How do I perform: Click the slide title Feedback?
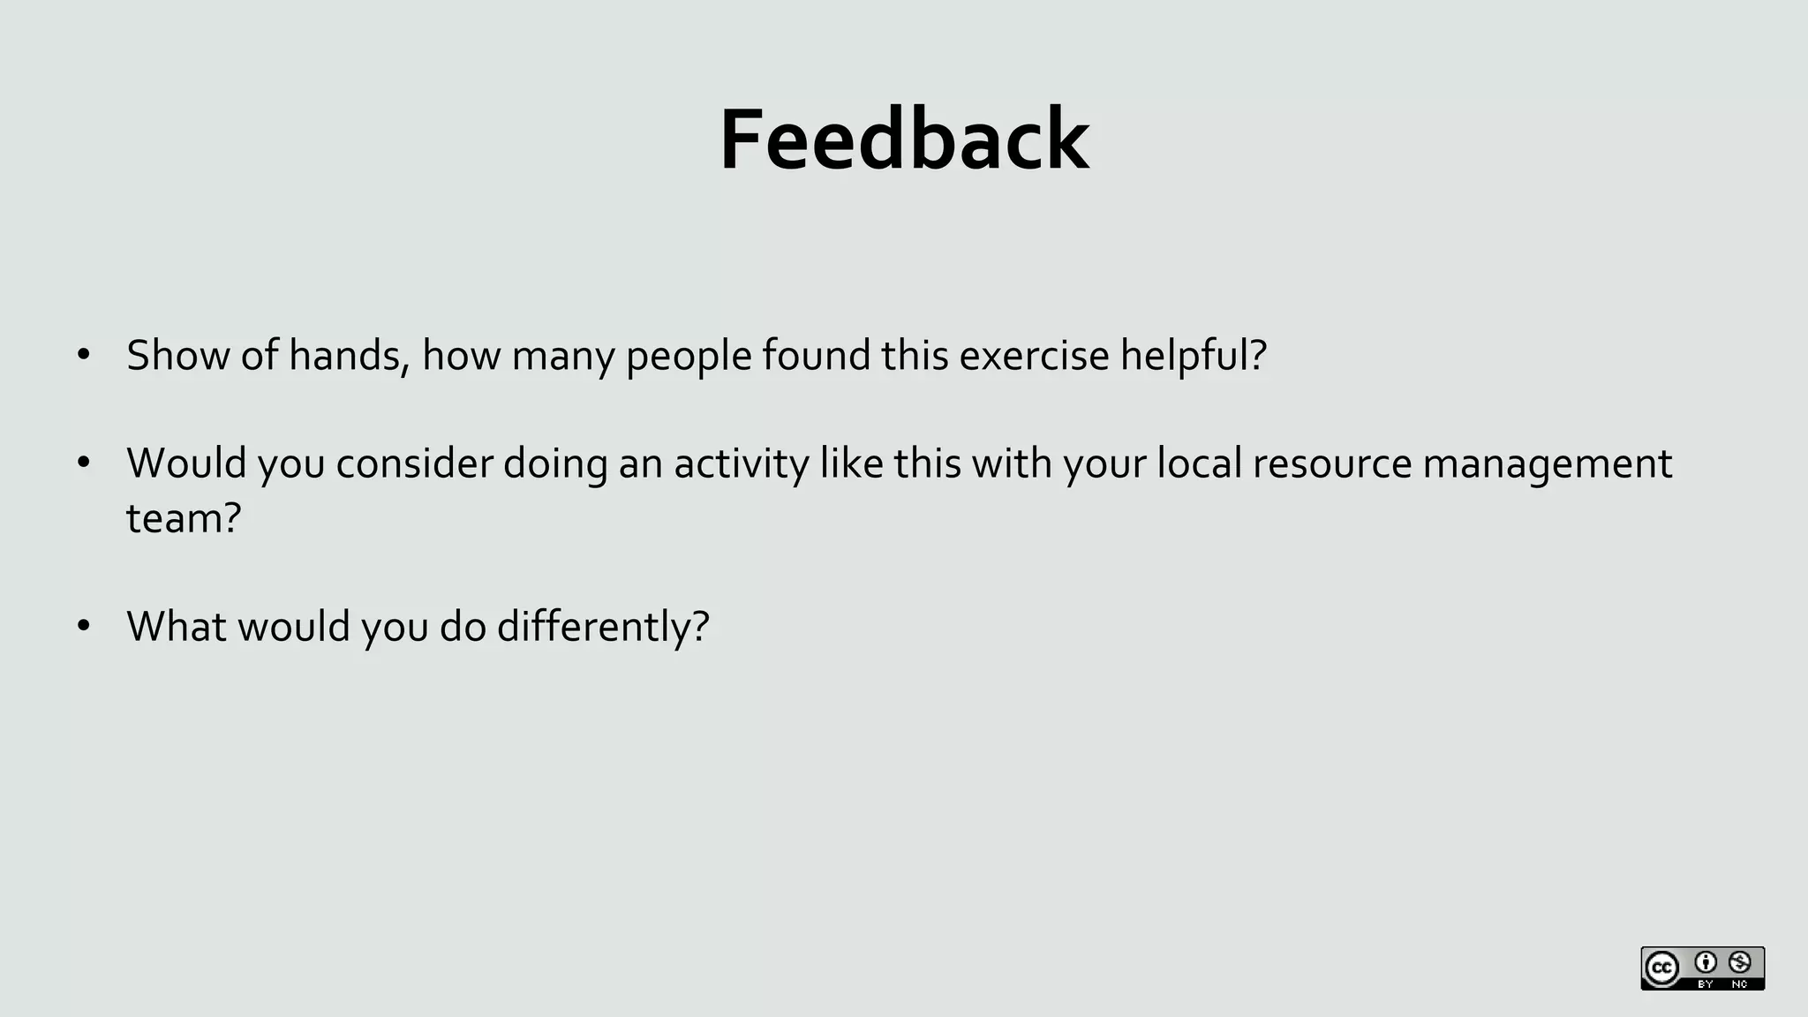pyautogui.click(x=904, y=140)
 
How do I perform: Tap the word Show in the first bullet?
pyautogui.click(x=177, y=356)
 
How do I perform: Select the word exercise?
pyautogui.click(x=1034, y=356)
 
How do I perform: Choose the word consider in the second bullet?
pyautogui.click(x=414, y=463)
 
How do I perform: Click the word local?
pyautogui.click(x=1200, y=463)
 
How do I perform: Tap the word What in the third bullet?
pyautogui.click(x=177, y=627)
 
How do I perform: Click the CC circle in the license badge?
pyautogui.click(x=1661, y=968)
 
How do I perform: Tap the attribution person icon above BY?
pyautogui.click(x=1706, y=962)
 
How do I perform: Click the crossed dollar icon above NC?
pyautogui.click(x=1740, y=962)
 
